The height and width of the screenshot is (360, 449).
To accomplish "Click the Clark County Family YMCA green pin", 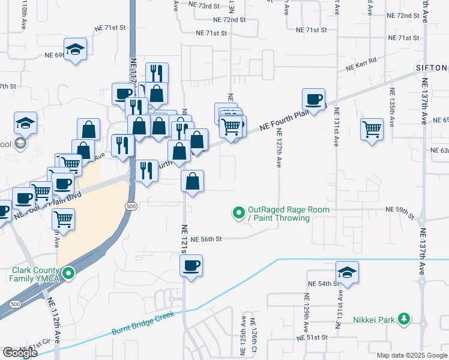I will (68, 274).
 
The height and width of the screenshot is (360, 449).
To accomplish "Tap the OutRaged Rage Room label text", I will (279, 214).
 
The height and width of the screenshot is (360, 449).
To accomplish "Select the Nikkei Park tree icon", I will (405, 319).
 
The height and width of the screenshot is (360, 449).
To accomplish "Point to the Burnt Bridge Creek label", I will (142, 323).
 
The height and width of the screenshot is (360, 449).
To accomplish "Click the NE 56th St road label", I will (203, 239).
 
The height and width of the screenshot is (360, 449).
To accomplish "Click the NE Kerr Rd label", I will (361, 65).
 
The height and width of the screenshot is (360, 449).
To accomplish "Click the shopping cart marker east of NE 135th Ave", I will (372, 128).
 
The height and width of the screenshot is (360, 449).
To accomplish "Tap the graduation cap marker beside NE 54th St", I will (347, 272).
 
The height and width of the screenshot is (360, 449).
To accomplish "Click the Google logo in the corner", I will (20, 353).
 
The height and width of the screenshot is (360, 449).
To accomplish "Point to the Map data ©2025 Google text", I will (411, 355).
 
